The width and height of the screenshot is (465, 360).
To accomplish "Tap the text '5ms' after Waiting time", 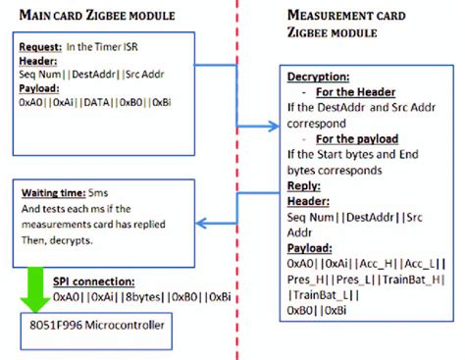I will point(101,192).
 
